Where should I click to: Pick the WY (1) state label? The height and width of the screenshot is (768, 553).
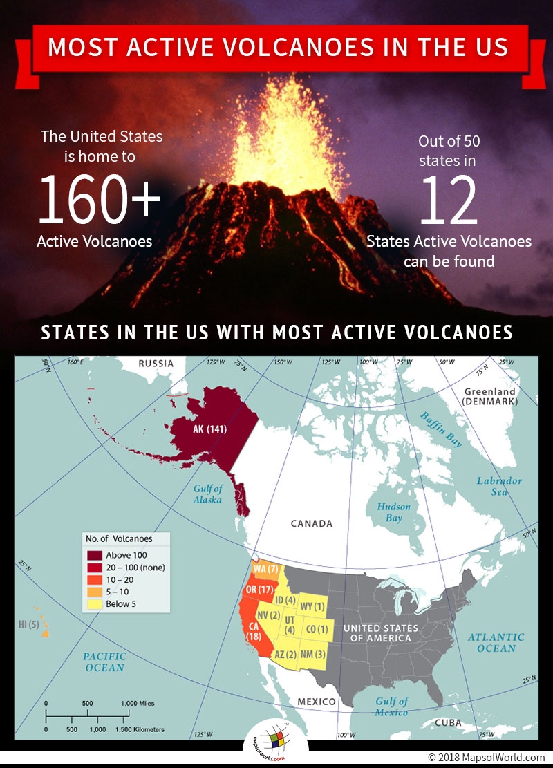(x=312, y=606)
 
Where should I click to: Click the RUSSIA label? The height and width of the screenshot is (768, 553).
(x=155, y=364)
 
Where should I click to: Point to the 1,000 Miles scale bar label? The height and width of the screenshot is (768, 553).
(x=138, y=704)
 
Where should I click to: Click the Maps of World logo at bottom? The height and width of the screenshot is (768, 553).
(x=276, y=744)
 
